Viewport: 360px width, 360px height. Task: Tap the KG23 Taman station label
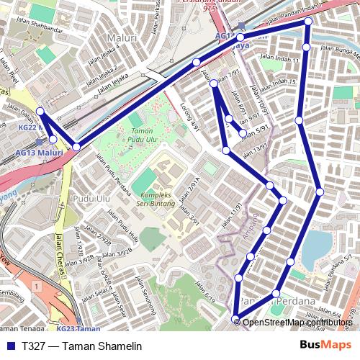[78, 328]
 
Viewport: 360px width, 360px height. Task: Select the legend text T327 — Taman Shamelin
[81, 346]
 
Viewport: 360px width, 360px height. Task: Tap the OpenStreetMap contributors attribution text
[297, 322]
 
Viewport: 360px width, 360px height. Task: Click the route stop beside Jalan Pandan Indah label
[307, 22]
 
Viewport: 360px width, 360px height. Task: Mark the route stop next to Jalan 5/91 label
[243, 132]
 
